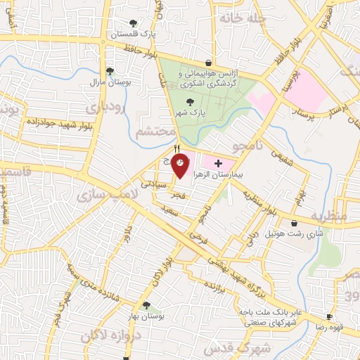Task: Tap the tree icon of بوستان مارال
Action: pos(110,70)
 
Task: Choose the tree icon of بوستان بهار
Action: pos(146,305)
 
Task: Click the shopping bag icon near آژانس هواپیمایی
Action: pos(208,63)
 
